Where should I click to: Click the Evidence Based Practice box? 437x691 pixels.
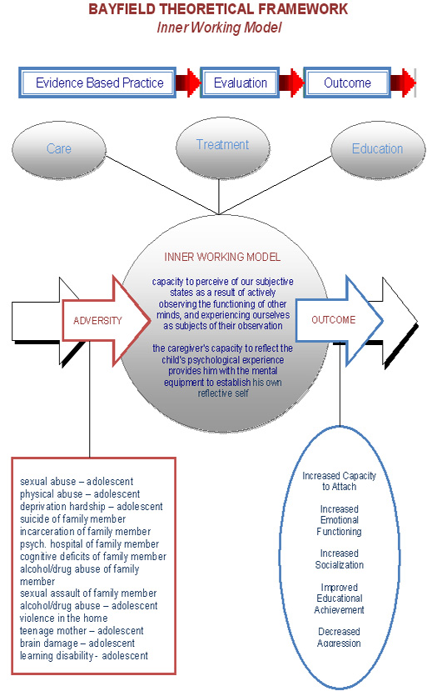click(x=97, y=83)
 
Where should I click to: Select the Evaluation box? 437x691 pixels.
click(x=240, y=83)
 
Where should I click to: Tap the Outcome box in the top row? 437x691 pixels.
click(x=347, y=83)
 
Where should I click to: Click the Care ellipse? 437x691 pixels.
click(x=59, y=148)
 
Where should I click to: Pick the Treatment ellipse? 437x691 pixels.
click(x=223, y=145)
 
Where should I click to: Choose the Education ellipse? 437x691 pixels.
click(x=378, y=148)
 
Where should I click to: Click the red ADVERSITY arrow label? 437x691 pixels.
click(x=97, y=320)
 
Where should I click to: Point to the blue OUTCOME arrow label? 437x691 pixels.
click(x=333, y=320)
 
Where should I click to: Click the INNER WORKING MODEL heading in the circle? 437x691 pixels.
click(x=222, y=257)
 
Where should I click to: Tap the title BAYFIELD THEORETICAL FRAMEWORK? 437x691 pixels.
click(x=218, y=9)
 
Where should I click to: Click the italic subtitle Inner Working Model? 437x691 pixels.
click(x=219, y=28)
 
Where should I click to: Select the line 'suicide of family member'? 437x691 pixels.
click(x=72, y=518)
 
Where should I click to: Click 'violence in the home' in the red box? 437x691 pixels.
click(x=63, y=618)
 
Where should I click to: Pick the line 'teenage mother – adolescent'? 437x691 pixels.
click(x=82, y=631)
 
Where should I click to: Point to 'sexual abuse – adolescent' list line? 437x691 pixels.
click(x=76, y=481)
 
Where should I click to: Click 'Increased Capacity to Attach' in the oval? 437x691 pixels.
click(x=339, y=481)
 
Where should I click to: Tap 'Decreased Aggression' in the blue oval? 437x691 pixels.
click(x=339, y=637)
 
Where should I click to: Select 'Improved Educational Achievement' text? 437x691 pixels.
click(x=339, y=598)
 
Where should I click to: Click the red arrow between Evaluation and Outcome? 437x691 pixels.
click(x=291, y=83)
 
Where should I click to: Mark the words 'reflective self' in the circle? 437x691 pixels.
click(x=223, y=393)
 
